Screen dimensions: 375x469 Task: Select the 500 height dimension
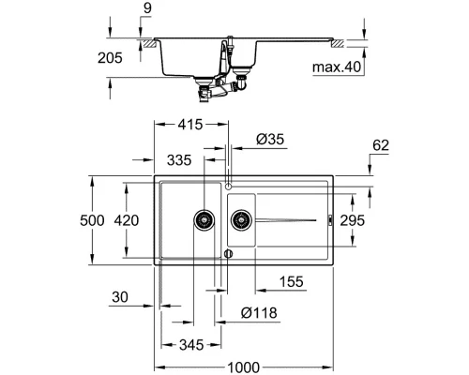110,220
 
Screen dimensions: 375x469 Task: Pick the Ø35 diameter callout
268,140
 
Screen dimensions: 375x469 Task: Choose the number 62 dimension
378,145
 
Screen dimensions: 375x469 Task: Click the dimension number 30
118,298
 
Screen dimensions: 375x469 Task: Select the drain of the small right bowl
241,221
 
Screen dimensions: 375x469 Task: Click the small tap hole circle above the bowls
226,184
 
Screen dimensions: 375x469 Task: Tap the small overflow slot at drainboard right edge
329,221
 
